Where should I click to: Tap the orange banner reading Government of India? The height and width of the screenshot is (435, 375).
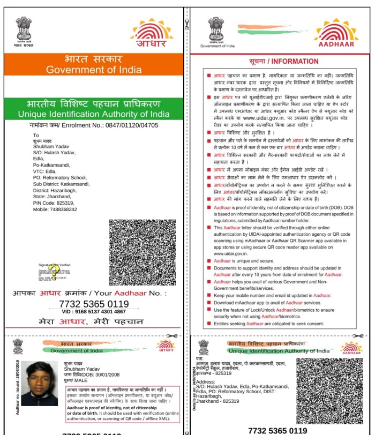click(x=94, y=65)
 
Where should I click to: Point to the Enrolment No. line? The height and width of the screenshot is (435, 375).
click(x=94, y=125)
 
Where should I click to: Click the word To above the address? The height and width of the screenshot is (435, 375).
click(x=36, y=135)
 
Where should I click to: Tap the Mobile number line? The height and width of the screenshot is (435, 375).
click(x=55, y=209)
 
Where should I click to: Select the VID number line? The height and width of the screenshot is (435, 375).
click(x=94, y=311)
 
